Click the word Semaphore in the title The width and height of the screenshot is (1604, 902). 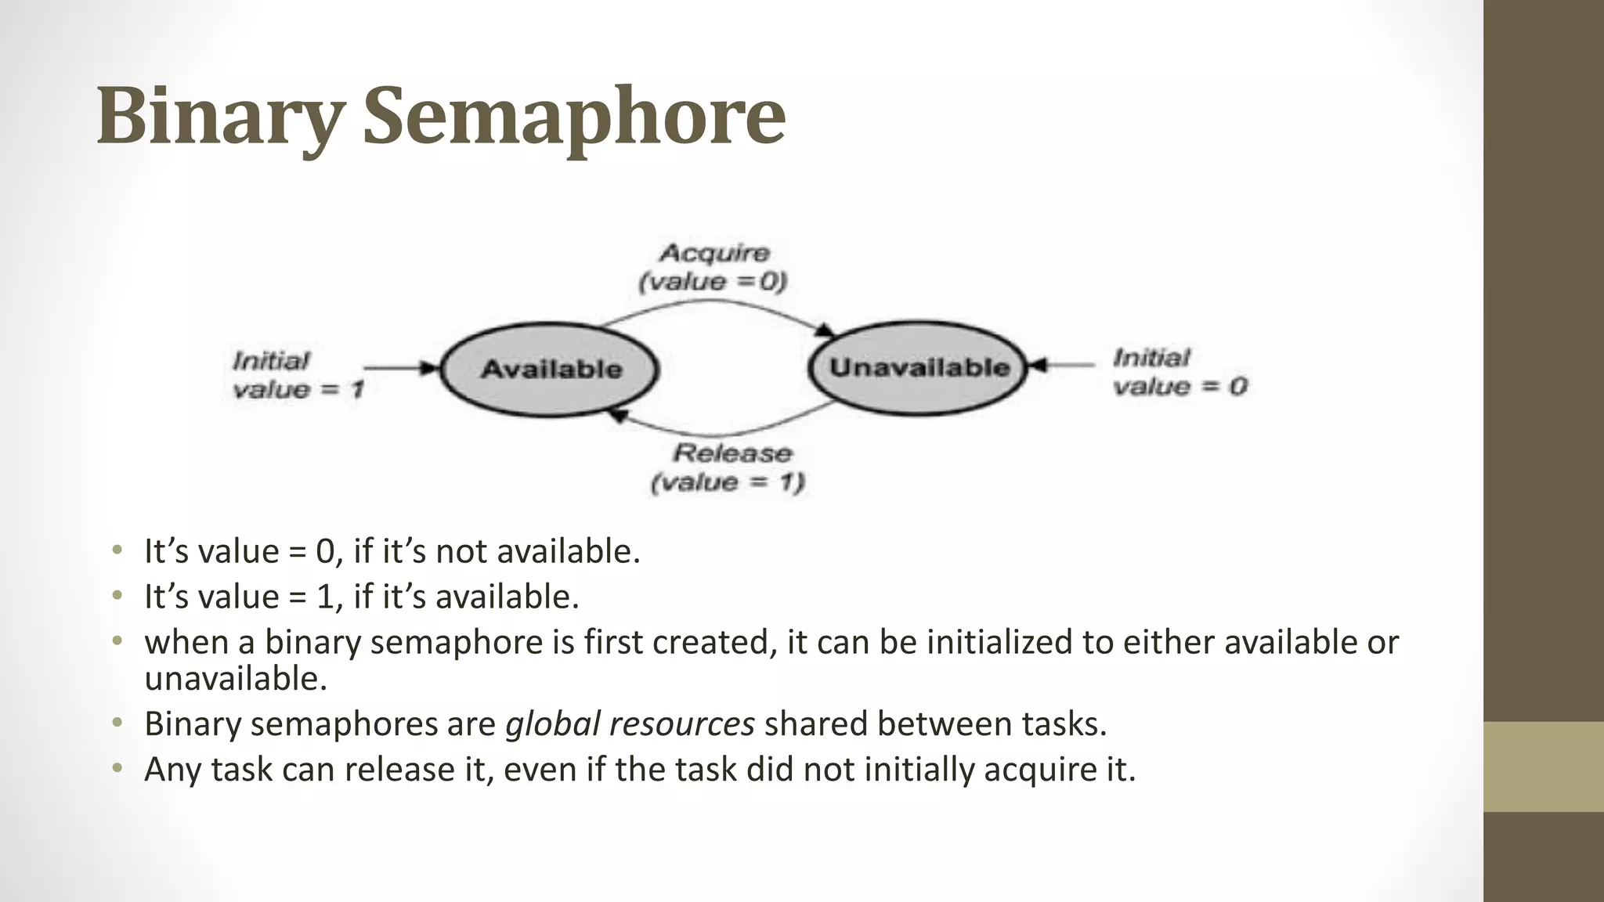[573, 117]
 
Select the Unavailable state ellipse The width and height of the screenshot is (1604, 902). [919, 367]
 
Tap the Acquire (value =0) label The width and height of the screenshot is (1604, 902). [713, 267]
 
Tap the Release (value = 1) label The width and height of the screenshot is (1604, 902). [729, 467]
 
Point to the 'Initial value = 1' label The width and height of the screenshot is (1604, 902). [297, 375]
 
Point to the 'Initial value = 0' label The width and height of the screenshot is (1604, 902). [1180, 373]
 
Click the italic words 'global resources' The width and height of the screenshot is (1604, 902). [630, 723]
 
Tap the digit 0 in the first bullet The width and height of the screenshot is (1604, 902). [326, 552]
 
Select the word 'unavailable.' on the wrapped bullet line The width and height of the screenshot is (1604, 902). [235, 678]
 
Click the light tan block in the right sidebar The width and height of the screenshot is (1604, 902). [1544, 767]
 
